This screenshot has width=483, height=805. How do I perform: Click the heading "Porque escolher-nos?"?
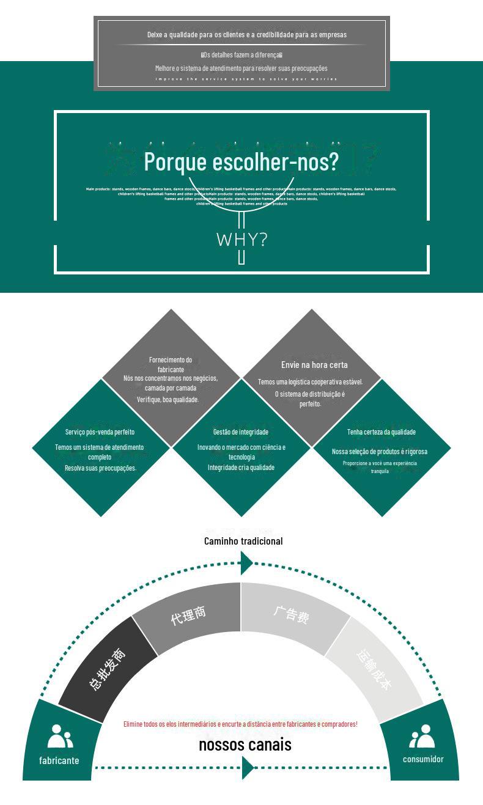(x=241, y=162)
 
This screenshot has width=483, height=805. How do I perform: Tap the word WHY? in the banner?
(x=242, y=239)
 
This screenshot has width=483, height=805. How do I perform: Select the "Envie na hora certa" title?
(x=314, y=365)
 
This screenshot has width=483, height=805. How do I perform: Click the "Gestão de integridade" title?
(x=241, y=432)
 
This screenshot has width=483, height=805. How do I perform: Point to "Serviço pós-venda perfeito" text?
(x=100, y=432)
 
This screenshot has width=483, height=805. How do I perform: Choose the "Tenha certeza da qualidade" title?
(x=382, y=432)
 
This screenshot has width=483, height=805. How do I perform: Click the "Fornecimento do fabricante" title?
(x=171, y=364)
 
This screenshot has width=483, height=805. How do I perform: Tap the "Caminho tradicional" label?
(x=243, y=541)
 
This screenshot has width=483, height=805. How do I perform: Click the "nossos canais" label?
(x=245, y=744)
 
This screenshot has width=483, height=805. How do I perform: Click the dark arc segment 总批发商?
(x=108, y=669)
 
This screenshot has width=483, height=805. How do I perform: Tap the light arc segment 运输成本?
(x=374, y=669)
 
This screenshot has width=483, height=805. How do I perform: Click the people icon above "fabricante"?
(x=60, y=737)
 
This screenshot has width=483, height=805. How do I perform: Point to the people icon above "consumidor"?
(x=422, y=737)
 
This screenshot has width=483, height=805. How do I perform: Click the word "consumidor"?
(x=423, y=759)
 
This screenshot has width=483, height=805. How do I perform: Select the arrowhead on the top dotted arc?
(x=246, y=562)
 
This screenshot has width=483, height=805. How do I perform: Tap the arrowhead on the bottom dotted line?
(x=247, y=768)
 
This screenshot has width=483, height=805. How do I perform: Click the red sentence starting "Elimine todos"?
(x=240, y=724)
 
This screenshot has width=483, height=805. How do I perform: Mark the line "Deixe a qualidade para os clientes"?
(x=247, y=35)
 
